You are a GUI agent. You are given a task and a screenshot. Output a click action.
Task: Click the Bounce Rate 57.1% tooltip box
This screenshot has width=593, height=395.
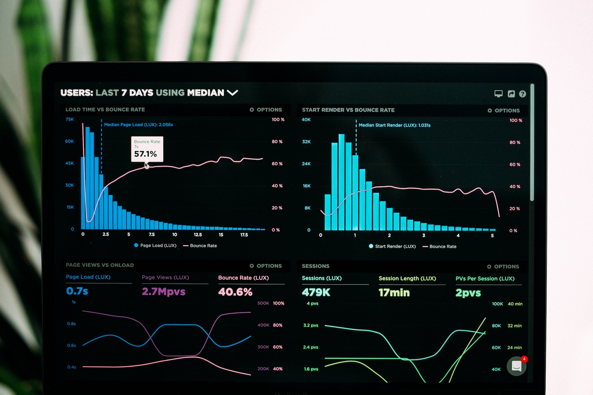[x=147, y=149]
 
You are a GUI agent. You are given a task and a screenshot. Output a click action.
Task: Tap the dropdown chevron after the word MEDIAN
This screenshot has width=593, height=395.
[x=232, y=93]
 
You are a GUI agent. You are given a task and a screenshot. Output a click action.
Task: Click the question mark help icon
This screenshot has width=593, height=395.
[x=522, y=94]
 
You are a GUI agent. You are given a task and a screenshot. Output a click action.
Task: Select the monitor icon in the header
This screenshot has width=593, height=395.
[x=498, y=94]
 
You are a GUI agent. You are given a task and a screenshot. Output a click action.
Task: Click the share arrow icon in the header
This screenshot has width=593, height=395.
[x=511, y=94]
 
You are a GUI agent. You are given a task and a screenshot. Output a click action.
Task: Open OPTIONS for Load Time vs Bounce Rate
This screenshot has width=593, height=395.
[x=266, y=110]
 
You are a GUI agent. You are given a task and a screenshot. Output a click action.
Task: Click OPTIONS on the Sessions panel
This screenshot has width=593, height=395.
[x=503, y=267]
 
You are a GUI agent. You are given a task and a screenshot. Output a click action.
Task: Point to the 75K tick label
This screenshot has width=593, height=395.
[x=70, y=119]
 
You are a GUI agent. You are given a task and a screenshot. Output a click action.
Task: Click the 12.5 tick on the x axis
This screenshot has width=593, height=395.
[x=198, y=235]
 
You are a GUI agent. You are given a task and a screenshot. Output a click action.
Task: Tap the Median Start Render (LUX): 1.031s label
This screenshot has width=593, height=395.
[x=394, y=125]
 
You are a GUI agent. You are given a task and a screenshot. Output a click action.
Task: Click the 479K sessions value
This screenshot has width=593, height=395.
[x=316, y=292]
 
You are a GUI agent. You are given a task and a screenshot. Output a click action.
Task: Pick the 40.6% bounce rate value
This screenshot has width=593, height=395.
[x=235, y=292]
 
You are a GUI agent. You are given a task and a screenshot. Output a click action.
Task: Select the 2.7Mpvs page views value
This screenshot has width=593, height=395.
[x=163, y=292]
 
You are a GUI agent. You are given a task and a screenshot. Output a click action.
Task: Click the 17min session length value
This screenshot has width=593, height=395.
[x=394, y=293]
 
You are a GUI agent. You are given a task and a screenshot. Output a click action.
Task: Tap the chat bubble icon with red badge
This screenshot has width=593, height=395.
[x=517, y=366]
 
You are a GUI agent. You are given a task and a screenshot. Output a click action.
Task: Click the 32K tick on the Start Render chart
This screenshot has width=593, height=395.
[x=306, y=142]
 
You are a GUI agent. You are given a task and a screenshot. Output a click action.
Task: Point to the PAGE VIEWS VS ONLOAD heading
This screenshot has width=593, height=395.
[x=100, y=265]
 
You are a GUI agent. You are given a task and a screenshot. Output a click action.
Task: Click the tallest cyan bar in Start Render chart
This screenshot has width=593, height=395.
[x=342, y=182]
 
